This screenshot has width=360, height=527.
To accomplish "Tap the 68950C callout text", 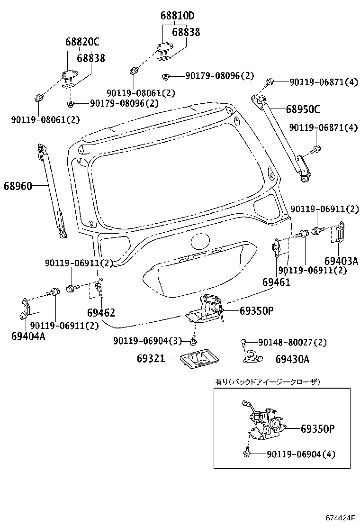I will click(303, 110).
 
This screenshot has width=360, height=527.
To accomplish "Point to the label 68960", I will click(18, 186).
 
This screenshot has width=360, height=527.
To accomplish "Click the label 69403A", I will click(341, 261).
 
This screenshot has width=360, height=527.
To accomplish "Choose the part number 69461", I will click(276, 282).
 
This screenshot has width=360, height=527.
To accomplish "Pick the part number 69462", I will click(101, 313).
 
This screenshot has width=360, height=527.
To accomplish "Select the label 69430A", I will click(292, 359).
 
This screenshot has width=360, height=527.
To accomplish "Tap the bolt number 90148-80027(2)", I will click(292, 342).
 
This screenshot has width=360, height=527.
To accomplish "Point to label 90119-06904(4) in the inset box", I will click(300, 454).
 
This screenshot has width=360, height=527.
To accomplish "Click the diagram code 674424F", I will click(341, 517).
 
